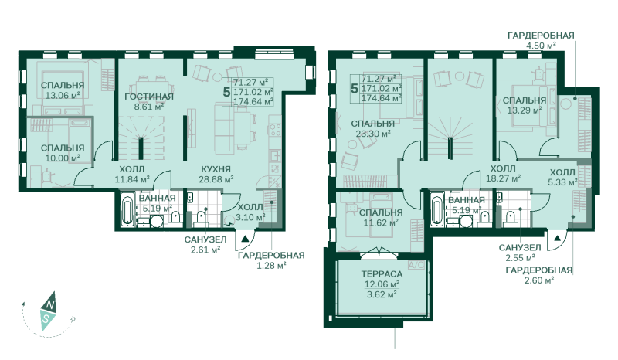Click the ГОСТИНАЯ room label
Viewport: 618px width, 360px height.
coord(149,97)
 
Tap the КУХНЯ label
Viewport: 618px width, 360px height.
coord(216,169)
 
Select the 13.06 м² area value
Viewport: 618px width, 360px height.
coord(63,95)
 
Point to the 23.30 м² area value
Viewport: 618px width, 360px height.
coord(373,134)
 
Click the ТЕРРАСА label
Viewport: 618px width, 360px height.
coord(382,274)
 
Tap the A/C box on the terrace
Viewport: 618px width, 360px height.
coord(416,265)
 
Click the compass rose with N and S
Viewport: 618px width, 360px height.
coord(48,311)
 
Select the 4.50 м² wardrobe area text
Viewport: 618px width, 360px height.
coord(541,46)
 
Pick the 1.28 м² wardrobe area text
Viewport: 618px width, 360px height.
coord(271,266)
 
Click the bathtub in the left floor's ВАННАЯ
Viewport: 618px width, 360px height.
coord(127,209)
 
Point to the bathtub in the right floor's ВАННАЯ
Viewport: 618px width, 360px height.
coord(437,209)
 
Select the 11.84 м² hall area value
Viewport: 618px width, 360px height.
coord(132,180)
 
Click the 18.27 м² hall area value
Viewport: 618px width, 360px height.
coord(504,178)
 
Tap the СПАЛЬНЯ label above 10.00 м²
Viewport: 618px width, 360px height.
coord(63,148)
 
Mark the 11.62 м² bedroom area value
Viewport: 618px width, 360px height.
coord(380,222)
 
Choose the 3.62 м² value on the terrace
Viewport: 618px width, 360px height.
coord(382,294)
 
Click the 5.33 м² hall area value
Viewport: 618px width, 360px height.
coord(562,182)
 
